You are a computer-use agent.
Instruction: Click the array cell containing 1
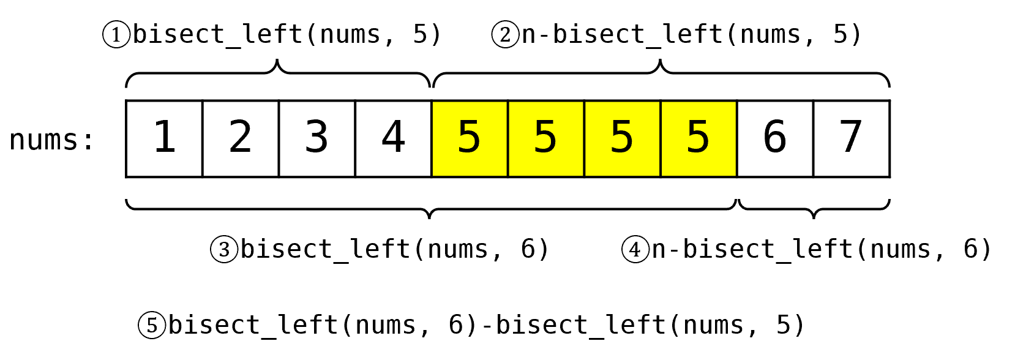point(164,138)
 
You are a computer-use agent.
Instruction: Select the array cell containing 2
point(241,138)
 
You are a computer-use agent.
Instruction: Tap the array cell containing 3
point(316,138)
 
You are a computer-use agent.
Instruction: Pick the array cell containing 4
point(393,138)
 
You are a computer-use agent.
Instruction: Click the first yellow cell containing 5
point(470,138)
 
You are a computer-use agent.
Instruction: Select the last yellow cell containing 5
point(699,138)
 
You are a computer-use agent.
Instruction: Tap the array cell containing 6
point(775,138)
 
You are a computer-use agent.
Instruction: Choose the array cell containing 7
point(852,138)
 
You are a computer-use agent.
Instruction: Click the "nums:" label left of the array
point(52,140)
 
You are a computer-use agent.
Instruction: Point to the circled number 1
point(116,34)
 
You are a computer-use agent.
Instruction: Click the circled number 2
point(505,34)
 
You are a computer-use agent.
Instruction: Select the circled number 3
point(224,250)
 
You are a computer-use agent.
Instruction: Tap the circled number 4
point(635,250)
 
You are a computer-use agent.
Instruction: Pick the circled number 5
point(152,325)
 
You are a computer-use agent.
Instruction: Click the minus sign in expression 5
point(487,325)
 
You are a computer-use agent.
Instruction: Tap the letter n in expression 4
point(659,250)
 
